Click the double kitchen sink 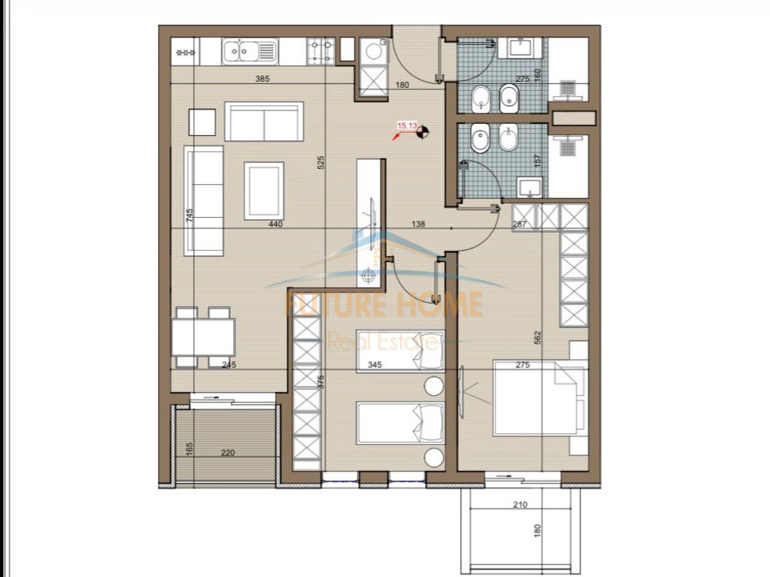[250, 52]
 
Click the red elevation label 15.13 [407, 126]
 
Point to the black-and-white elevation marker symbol [423, 133]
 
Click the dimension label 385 [262, 78]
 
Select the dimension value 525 [320, 162]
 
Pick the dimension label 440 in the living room [275, 223]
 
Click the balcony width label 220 [229, 453]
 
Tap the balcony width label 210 [520, 505]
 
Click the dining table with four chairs [202, 337]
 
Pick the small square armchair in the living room [202, 122]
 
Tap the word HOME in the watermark [441, 304]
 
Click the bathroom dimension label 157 [536, 161]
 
